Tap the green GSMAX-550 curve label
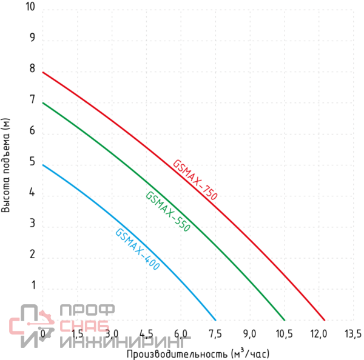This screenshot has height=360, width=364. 168,212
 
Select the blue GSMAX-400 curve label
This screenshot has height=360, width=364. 137,249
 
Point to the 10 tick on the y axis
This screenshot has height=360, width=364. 31,7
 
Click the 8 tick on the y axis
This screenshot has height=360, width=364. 32,69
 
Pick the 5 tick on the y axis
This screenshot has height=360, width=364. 32,162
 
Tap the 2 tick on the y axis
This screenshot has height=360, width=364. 32,255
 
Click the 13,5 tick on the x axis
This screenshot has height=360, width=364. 352,333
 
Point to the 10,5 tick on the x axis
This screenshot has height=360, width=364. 284,333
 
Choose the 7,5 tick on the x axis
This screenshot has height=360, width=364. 215,333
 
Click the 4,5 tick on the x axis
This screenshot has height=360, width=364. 146,333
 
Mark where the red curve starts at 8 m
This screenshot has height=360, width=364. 42,72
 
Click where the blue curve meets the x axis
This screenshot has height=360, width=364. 215,319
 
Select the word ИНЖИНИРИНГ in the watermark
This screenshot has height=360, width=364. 124,342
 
